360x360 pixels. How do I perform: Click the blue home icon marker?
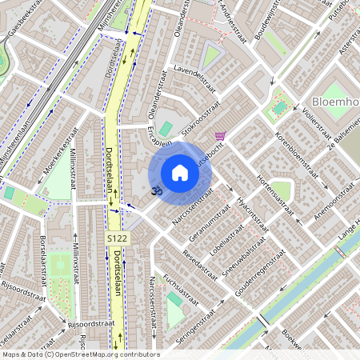180,173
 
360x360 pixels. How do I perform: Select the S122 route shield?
117,239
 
